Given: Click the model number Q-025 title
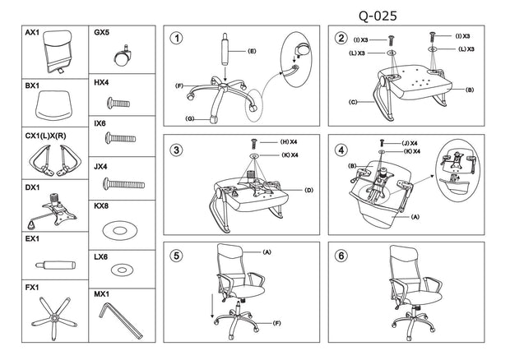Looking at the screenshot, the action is click(378, 16).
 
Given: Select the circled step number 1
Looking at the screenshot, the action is click(177, 39).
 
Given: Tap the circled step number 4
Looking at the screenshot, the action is click(341, 150).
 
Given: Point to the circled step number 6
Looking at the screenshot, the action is click(341, 256).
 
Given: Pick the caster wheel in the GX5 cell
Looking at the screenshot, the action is click(123, 56).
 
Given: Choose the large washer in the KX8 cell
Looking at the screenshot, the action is click(120, 230).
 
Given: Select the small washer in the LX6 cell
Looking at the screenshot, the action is click(122, 270).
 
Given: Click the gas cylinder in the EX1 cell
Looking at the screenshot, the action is click(56, 265).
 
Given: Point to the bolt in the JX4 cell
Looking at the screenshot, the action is click(123, 184).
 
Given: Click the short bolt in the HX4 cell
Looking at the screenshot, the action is click(118, 103).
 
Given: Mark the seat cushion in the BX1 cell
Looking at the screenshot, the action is click(53, 105).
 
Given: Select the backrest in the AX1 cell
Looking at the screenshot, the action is click(58, 51).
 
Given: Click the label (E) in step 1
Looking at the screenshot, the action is click(252, 51).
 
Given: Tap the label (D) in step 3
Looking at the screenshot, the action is click(308, 190).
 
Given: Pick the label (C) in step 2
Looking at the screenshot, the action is click(353, 102).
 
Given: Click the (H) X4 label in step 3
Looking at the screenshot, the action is click(289, 142).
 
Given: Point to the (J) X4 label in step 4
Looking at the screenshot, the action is click(410, 143).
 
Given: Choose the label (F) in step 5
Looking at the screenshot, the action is click(276, 323).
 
